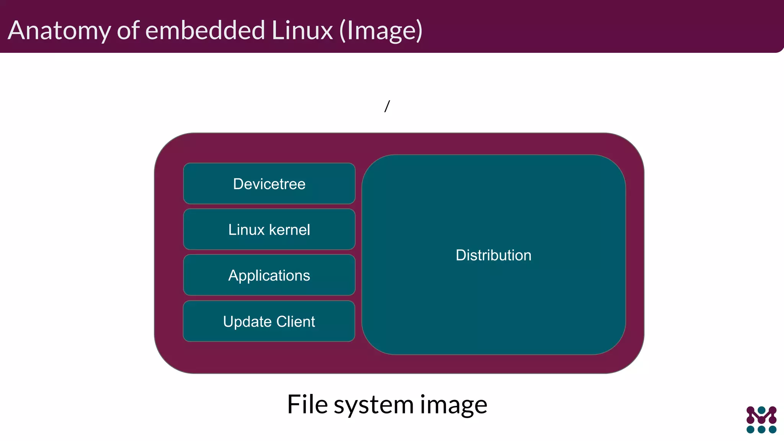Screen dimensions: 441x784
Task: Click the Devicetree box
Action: [x=269, y=184]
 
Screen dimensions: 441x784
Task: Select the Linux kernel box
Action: [x=269, y=229]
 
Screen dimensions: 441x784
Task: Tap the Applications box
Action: [x=269, y=275]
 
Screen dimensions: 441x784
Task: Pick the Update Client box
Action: [x=269, y=321]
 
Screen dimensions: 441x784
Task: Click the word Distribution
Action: [x=493, y=255]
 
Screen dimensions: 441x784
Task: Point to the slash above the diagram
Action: [x=387, y=106]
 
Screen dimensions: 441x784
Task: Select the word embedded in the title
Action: [x=205, y=31]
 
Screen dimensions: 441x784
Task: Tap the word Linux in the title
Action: [x=302, y=31]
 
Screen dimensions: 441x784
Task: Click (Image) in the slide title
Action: [x=381, y=31]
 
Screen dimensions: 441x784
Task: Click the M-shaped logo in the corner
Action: [x=761, y=415]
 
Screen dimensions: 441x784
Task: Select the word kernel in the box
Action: [x=289, y=230]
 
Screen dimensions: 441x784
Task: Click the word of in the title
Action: [x=128, y=31]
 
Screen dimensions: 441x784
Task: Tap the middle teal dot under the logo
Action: [x=761, y=430]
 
